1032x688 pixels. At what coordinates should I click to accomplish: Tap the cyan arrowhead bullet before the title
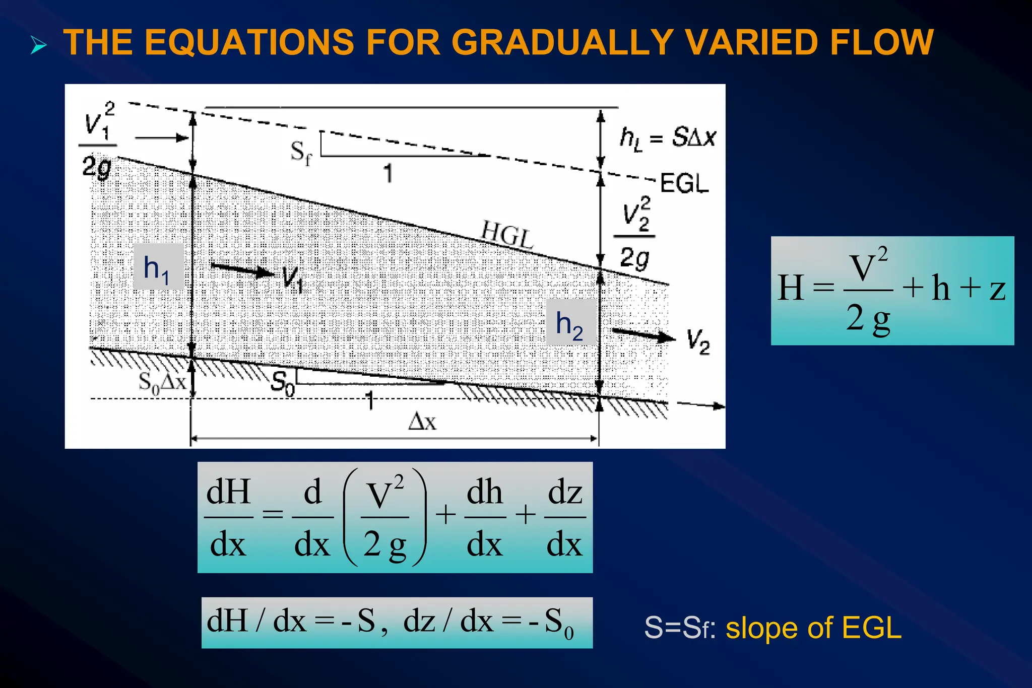point(38,45)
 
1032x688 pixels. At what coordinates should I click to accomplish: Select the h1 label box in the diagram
point(158,267)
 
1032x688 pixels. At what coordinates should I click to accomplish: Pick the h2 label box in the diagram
point(570,323)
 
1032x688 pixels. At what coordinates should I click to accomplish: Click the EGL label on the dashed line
point(684,183)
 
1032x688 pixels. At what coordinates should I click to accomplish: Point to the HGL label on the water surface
point(506,234)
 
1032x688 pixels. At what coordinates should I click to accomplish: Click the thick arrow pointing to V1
point(242,269)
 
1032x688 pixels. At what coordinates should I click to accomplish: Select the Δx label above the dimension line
point(422,422)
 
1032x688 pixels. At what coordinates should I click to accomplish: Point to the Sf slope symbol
point(301,152)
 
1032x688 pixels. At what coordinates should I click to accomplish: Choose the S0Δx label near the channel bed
point(162,382)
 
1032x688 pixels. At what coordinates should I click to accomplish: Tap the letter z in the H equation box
point(997,290)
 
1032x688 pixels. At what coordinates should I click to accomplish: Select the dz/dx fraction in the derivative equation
point(565,517)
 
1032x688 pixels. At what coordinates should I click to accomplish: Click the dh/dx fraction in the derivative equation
point(485,517)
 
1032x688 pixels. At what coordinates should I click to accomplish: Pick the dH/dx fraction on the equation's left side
point(228,517)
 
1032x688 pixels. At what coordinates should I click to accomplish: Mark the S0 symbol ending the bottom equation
point(560,623)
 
